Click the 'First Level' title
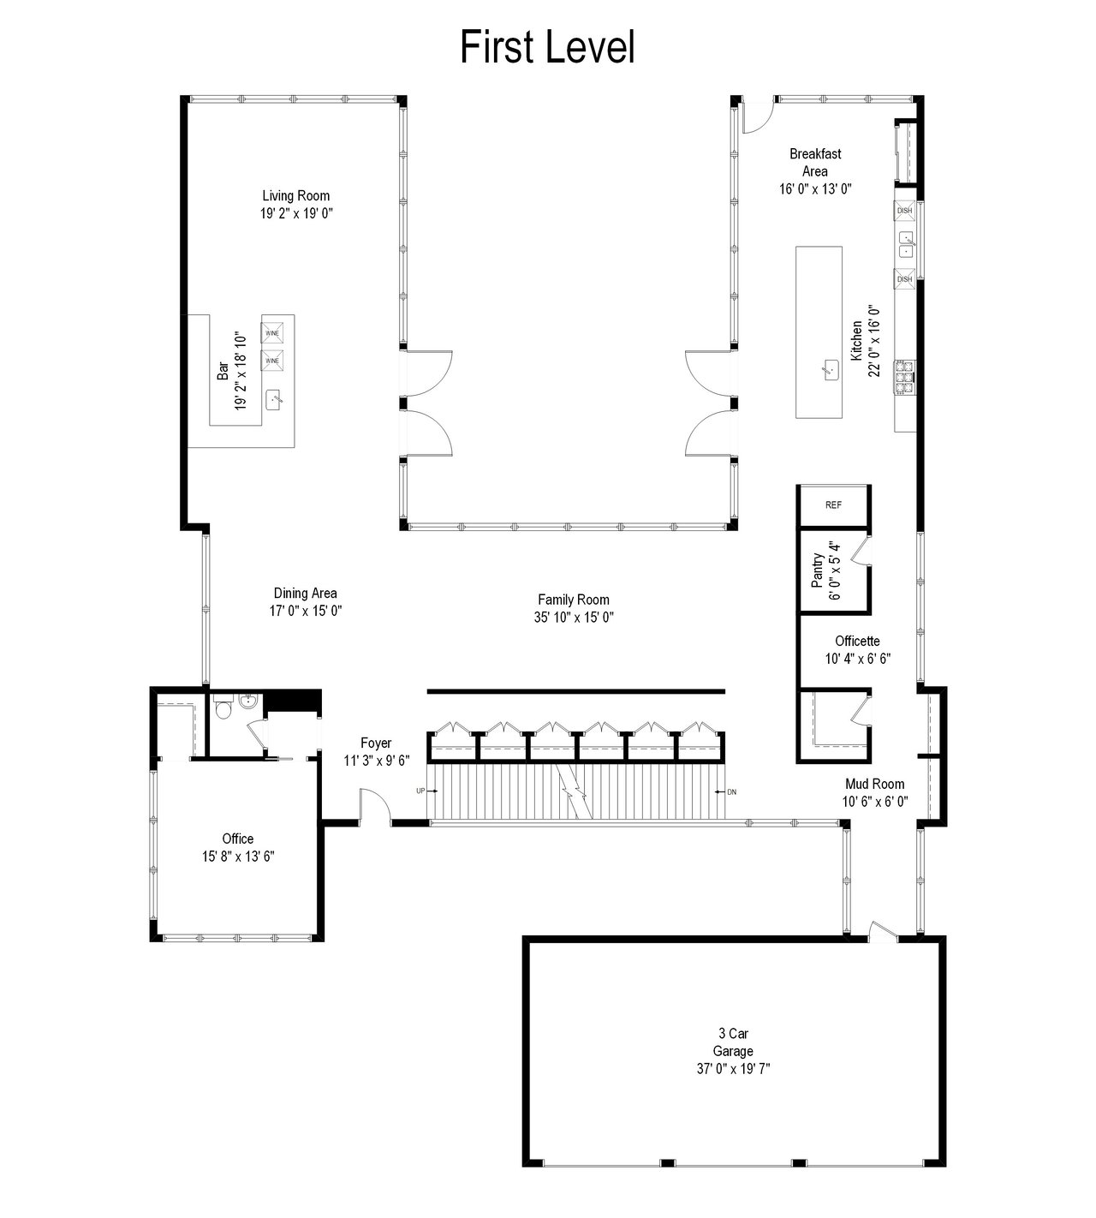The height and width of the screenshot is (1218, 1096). pyautogui.click(x=547, y=47)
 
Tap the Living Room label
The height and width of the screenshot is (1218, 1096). pyautogui.click(x=296, y=195)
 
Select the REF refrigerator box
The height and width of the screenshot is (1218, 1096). pyautogui.click(x=834, y=505)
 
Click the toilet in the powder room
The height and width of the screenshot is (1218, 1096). pyautogui.click(x=223, y=708)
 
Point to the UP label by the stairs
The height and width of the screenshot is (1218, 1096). pyautogui.click(x=420, y=791)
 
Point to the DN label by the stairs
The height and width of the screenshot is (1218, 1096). pyautogui.click(x=732, y=791)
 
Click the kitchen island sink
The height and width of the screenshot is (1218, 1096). pyautogui.click(x=831, y=370)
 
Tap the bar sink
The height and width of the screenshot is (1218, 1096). pyautogui.click(x=274, y=400)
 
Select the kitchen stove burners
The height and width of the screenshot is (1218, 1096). pyautogui.click(x=904, y=378)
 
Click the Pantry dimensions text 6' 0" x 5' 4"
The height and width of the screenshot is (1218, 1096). pyautogui.click(x=836, y=570)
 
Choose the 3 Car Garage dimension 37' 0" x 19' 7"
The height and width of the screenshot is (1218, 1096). pyautogui.click(x=734, y=1069)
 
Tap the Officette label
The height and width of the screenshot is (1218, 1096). pyautogui.click(x=857, y=641)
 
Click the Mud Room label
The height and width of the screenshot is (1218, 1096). pyautogui.click(x=875, y=784)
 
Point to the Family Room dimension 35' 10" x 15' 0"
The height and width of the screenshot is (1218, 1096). pyautogui.click(x=574, y=618)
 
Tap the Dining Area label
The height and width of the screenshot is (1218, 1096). pyautogui.click(x=306, y=594)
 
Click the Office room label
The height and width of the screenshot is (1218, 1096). pyautogui.click(x=238, y=839)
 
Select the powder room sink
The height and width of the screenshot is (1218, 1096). pyautogui.click(x=248, y=702)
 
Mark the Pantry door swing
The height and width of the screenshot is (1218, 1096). pyautogui.click(x=861, y=551)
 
